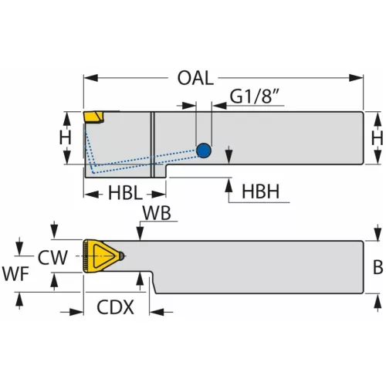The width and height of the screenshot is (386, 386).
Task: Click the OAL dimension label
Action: tap(195, 78)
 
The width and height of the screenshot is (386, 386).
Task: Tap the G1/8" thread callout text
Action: tap(254, 96)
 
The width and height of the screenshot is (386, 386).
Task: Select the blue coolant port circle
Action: tap(204, 151)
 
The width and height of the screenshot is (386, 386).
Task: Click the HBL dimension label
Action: tap(125, 193)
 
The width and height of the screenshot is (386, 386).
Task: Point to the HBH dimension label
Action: tap(260, 191)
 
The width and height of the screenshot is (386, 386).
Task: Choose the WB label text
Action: tap(157, 213)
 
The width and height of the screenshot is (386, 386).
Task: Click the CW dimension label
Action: tap(52, 257)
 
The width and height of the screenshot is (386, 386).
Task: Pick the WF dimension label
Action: tap(15, 273)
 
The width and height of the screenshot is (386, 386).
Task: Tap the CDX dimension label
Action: tap(115, 307)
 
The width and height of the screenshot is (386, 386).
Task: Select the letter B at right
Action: tap(378, 267)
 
